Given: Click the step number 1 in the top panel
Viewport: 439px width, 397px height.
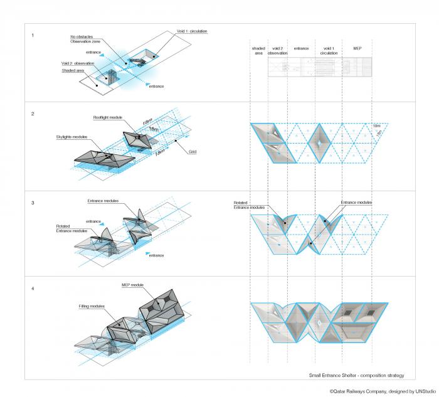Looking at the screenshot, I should [x=33, y=35].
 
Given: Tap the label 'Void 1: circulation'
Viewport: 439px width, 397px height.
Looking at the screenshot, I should [x=191, y=31].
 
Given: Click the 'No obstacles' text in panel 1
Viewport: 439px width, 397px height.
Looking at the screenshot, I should [x=83, y=37].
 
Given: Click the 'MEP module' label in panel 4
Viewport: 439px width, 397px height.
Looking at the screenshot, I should [x=133, y=285].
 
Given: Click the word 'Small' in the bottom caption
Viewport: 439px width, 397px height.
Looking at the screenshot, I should [x=315, y=375].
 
